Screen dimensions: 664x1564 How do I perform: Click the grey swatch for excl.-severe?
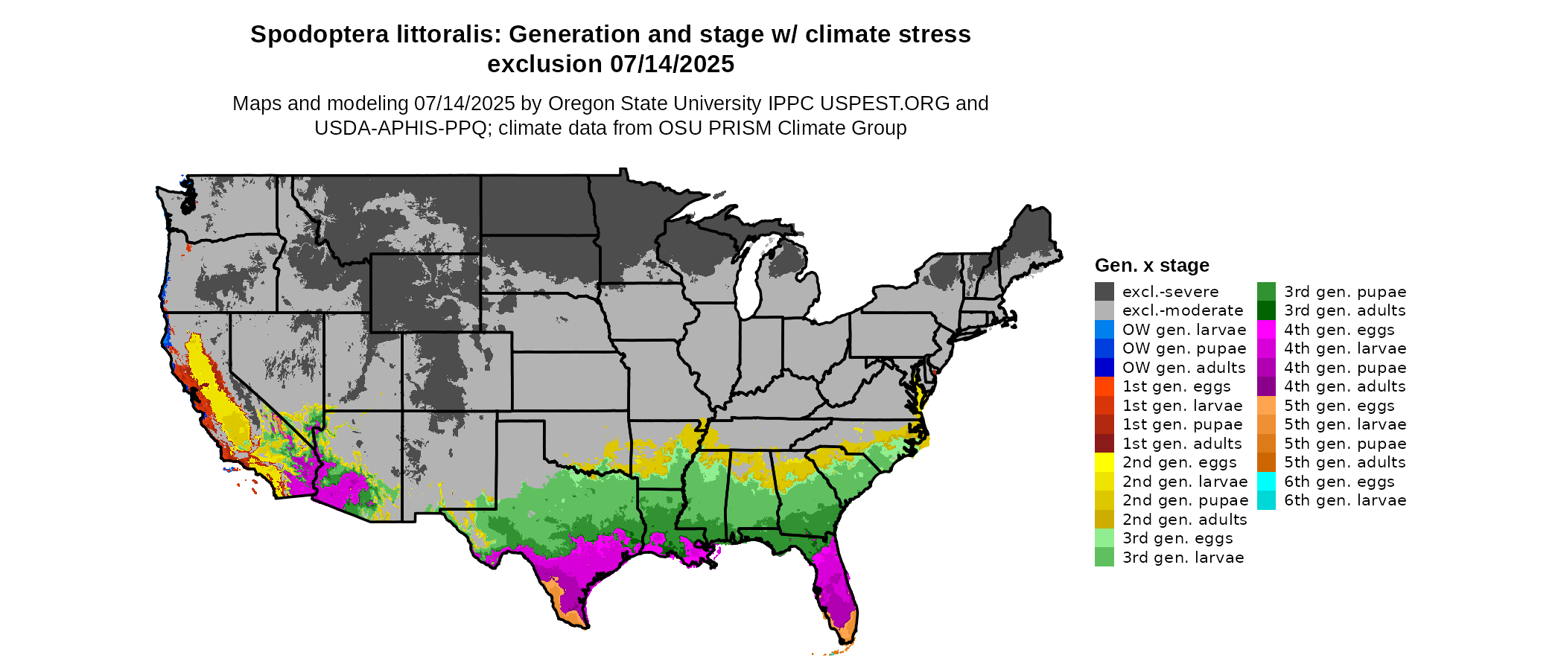1104,292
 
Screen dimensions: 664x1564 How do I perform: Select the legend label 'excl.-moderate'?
1183,310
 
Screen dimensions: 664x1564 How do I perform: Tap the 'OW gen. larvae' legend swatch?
1104,330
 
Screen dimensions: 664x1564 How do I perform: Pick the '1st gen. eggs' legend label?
1177,386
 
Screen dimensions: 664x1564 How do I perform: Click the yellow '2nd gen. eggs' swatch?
1104,462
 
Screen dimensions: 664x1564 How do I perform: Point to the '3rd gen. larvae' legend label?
1183,558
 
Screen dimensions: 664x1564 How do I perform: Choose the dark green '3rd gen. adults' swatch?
1266,310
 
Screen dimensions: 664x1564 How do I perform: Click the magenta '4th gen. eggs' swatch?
1266,330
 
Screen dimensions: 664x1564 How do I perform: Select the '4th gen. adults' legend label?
1344,386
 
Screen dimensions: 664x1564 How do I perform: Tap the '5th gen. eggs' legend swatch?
1266,406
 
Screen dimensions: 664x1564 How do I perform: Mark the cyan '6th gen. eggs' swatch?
1266,482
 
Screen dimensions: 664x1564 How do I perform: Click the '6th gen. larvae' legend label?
1345,500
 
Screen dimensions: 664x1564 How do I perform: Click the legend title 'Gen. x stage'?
1151,266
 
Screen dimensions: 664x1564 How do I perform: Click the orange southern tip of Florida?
847,633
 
